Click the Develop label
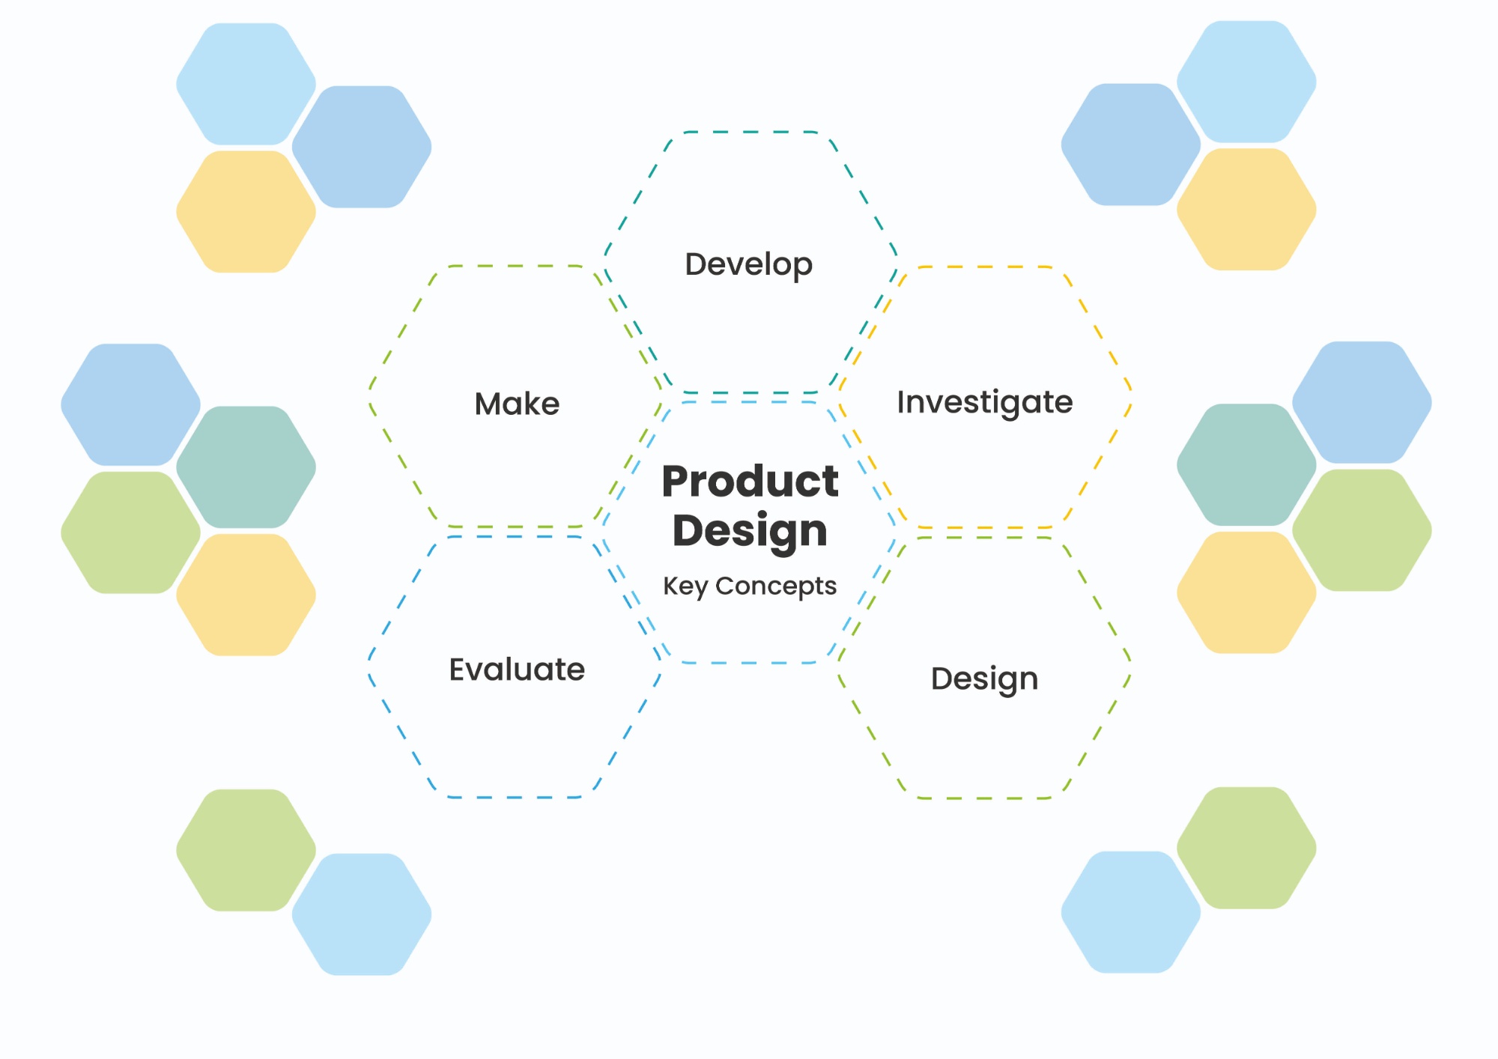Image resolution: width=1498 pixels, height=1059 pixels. (x=748, y=265)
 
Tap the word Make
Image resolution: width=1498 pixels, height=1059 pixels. (x=517, y=404)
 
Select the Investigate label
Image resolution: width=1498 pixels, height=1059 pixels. (x=985, y=403)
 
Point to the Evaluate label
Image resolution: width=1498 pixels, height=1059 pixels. (x=517, y=669)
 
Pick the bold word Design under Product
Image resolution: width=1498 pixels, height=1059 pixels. (x=750, y=532)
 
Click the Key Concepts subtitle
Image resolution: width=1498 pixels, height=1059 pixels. (x=750, y=586)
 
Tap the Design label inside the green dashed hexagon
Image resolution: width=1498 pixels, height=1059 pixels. (x=984, y=679)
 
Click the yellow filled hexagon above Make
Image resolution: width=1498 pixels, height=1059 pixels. (x=246, y=212)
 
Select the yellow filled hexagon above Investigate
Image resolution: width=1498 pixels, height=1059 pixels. (x=1246, y=209)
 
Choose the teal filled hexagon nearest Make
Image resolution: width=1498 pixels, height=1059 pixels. (x=246, y=467)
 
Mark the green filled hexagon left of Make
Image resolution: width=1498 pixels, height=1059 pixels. (x=130, y=532)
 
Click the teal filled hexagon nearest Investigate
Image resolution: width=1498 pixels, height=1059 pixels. (x=1246, y=465)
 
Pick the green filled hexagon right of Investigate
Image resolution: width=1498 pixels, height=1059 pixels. (x=1362, y=530)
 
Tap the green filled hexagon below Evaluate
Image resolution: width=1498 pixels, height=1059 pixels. (x=246, y=850)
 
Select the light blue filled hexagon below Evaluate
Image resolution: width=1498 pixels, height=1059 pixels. (x=361, y=914)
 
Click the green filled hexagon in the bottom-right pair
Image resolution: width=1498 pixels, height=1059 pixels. (x=1246, y=848)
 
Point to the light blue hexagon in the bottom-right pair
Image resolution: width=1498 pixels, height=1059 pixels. (x=1131, y=912)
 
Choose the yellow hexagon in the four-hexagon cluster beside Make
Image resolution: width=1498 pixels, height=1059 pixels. (x=246, y=595)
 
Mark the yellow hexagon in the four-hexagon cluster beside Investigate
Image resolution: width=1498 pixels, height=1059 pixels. (x=1246, y=592)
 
